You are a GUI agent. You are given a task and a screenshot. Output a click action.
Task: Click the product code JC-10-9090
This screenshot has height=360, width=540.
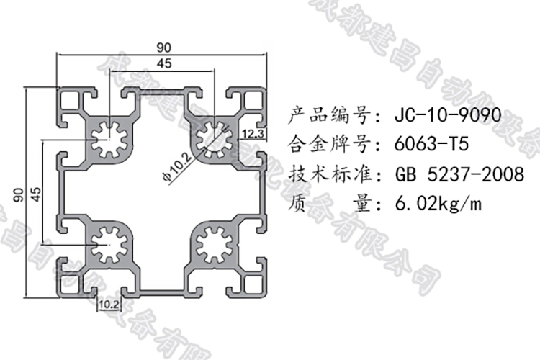445,115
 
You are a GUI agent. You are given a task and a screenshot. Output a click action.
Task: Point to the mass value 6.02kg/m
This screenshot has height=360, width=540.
438,204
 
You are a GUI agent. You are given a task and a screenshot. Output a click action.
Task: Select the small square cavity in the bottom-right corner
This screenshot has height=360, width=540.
252,283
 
